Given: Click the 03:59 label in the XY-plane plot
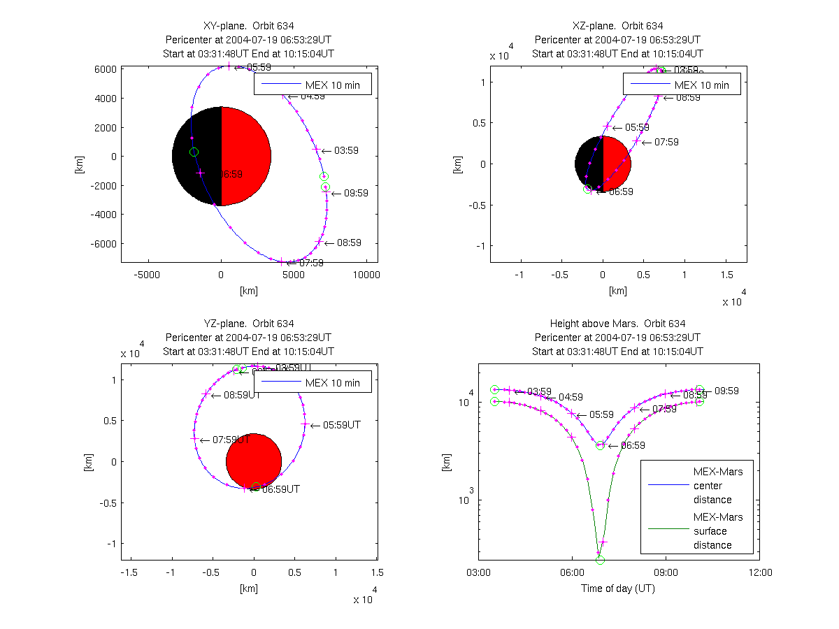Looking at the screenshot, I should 347,150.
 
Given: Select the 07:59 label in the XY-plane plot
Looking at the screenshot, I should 311,263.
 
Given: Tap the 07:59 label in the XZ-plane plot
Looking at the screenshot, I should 666,142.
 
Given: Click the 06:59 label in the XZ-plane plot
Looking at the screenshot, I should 621,191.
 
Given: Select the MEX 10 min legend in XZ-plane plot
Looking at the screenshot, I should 682,85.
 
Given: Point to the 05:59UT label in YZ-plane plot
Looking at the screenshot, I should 342,424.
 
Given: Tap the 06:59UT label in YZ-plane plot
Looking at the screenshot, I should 281,489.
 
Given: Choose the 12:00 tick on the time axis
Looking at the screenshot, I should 760,572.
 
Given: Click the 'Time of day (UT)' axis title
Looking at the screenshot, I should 618,588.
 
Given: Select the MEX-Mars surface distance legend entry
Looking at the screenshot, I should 712,531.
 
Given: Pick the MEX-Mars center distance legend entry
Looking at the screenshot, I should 712,486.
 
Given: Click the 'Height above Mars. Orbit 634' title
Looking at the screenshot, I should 618,324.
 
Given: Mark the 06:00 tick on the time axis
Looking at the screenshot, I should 572,572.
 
